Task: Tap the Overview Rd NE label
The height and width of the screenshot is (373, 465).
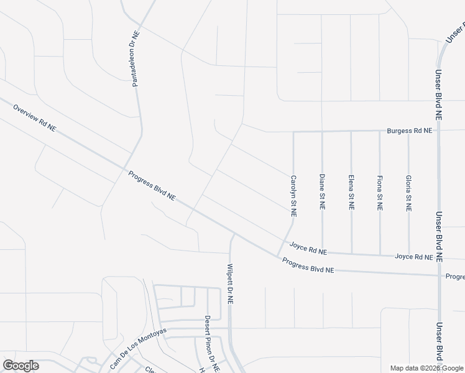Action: pyautogui.click(x=34, y=118)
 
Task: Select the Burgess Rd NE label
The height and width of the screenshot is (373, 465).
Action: pyautogui.click(x=409, y=131)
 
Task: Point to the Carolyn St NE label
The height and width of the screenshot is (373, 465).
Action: pyautogui.click(x=293, y=196)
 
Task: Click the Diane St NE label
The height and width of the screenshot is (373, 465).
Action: pyautogui.click(x=322, y=191)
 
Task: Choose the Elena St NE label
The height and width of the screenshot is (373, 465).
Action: pyautogui.click(x=351, y=192)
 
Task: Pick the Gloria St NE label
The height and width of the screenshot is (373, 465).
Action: pyautogui.click(x=408, y=194)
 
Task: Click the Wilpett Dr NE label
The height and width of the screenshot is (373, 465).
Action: pyautogui.click(x=230, y=283)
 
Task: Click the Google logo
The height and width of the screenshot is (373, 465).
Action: pyautogui.click(x=21, y=366)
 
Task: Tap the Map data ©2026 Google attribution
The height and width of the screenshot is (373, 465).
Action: pyautogui.click(x=426, y=368)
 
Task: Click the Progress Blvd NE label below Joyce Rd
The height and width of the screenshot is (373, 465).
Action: pyautogui.click(x=308, y=265)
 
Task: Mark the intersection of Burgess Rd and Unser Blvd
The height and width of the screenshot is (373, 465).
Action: pyautogui.click(x=438, y=131)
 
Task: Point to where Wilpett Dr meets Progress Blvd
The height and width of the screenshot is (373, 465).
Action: pyautogui.click(x=231, y=234)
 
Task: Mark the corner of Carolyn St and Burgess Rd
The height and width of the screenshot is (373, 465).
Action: pyautogui.click(x=293, y=132)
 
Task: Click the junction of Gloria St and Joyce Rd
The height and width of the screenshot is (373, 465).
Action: pyautogui.click(x=408, y=255)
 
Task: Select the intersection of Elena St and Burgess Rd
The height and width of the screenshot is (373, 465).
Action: pyautogui.click(x=351, y=131)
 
